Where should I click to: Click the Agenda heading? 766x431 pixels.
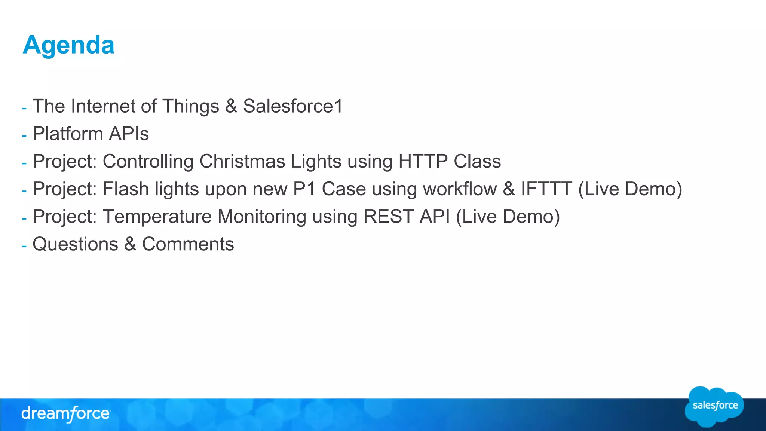[x=68, y=45]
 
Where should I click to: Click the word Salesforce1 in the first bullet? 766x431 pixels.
[x=293, y=106]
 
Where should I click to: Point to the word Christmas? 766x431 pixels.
[x=242, y=162]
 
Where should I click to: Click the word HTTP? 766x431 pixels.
[x=423, y=162]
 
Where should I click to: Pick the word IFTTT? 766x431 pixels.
[x=546, y=189]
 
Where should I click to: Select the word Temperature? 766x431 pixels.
[x=157, y=217]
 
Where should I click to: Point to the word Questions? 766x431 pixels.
[x=75, y=244]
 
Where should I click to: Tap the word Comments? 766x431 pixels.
[x=188, y=244]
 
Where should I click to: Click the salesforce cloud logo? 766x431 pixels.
[x=714, y=406]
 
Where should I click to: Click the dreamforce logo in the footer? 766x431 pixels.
[x=66, y=414]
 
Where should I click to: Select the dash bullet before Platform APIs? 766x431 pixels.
[x=24, y=136]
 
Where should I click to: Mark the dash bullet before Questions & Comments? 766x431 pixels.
[x=24, y=246]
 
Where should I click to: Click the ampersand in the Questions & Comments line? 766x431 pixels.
[x=130, y=244]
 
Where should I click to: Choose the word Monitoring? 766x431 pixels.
[x=262, y=217]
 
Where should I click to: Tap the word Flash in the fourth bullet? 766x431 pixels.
[x=126, y=189]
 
